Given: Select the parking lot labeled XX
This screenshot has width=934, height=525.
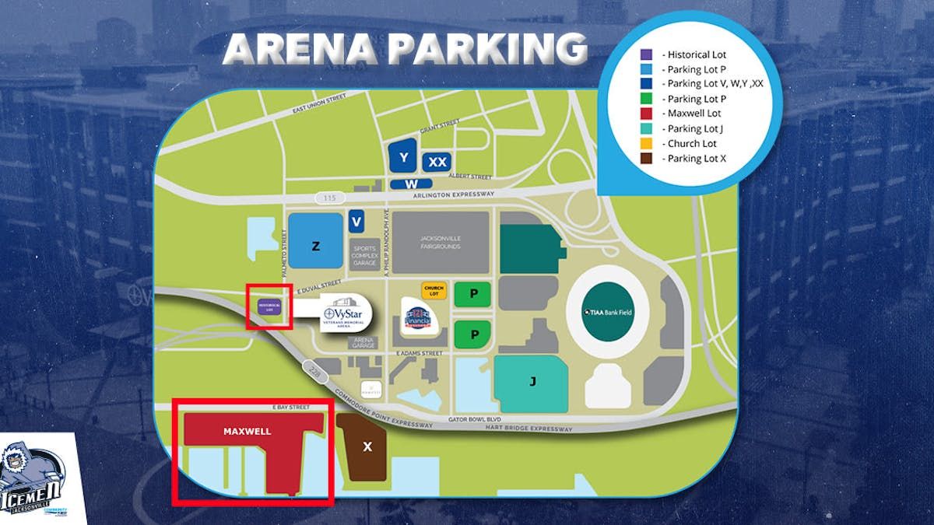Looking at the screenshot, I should coord(438,162).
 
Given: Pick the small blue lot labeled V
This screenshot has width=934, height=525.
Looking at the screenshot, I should coord(357,222).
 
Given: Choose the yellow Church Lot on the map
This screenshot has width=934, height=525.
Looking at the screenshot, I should coord(434,291).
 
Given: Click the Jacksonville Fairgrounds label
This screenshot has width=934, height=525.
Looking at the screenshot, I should coord(441,241).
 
